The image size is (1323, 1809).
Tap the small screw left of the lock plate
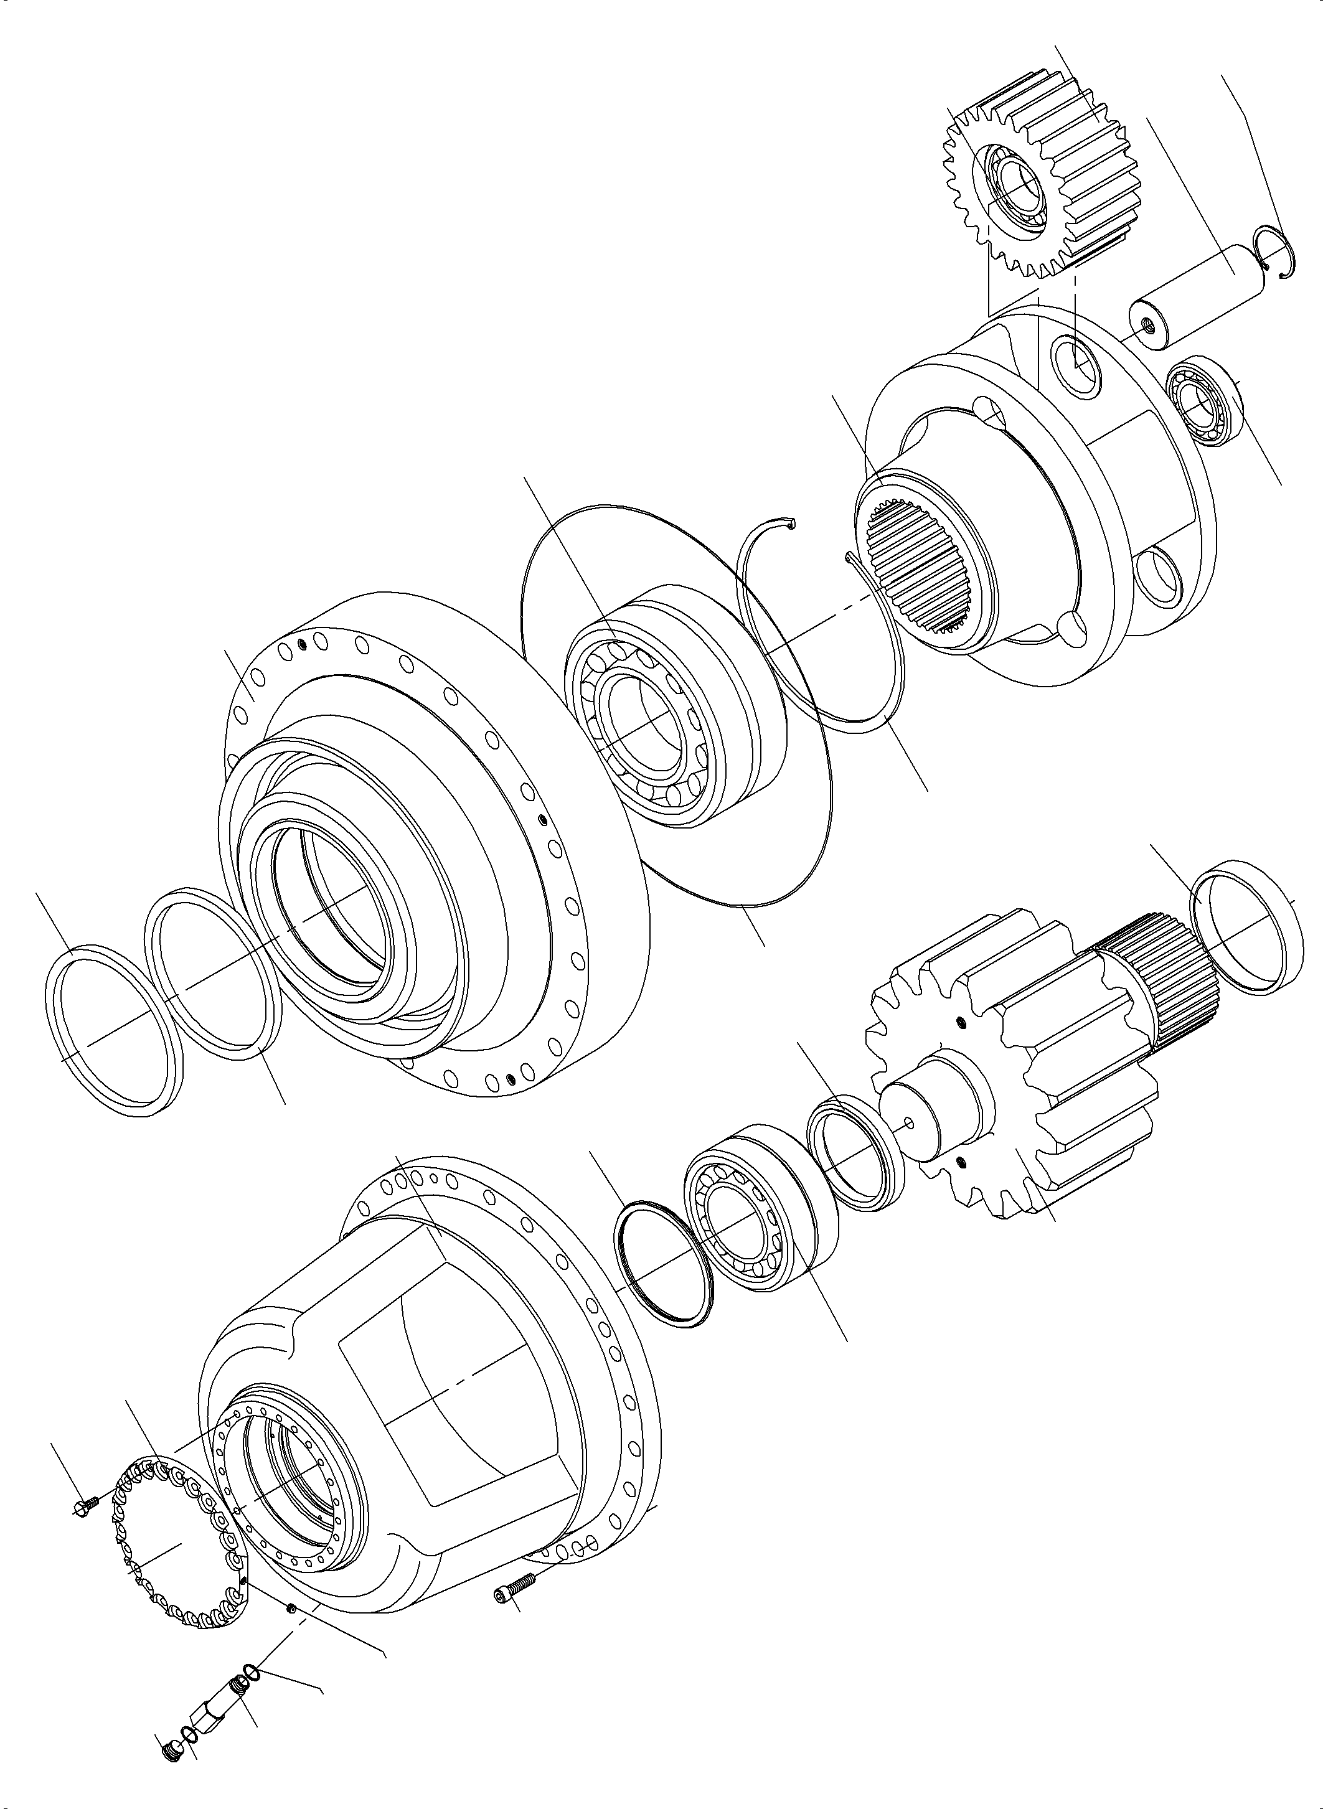(x=83, y=1505)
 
